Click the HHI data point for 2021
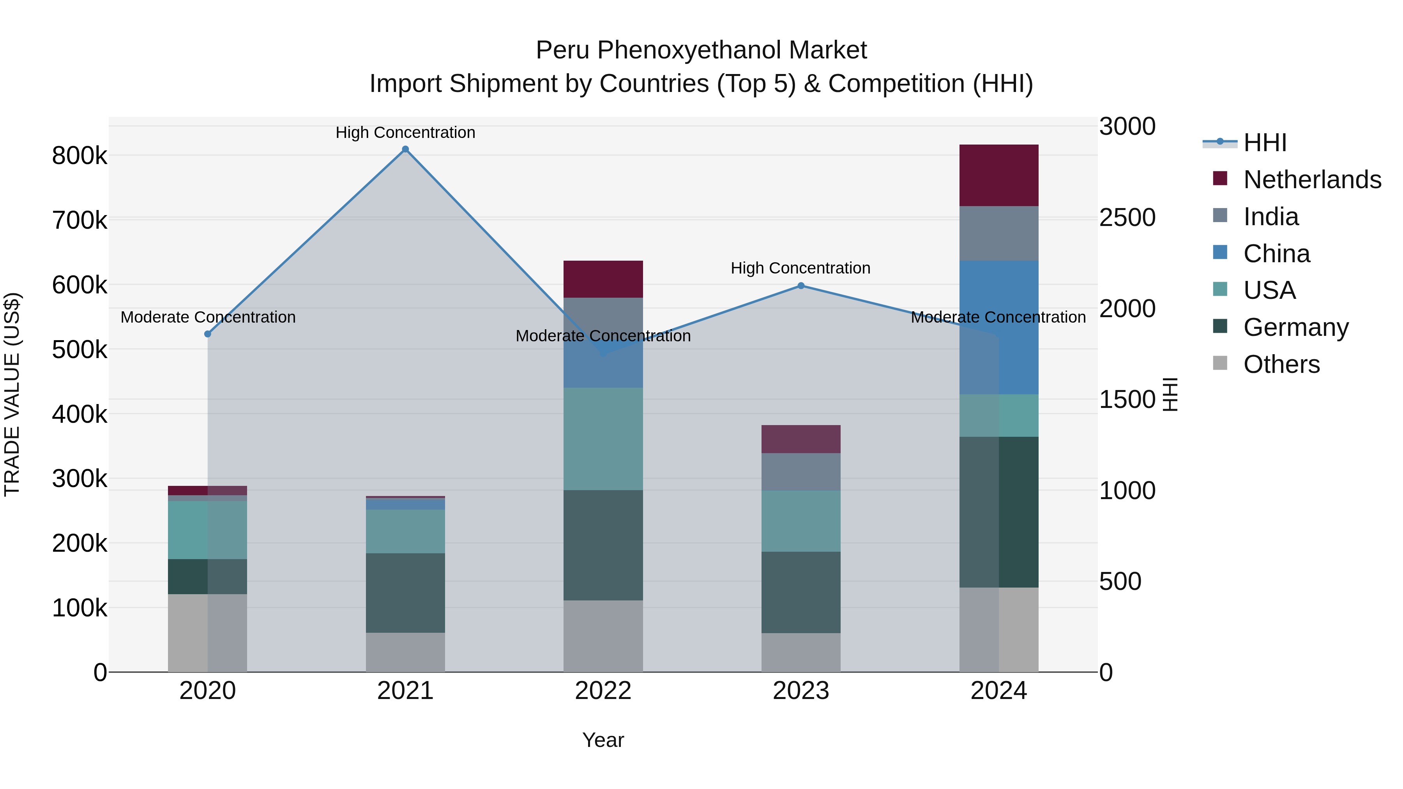click(405, 149)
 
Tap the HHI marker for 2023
click(800, 286)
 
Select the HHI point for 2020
click(207, 334)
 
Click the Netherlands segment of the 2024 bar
click(998, 175)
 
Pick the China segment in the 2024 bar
click(998, 327)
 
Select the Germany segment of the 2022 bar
click(603, 545)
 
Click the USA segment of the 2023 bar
click(800, 521)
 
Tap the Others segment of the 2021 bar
click(405, 652)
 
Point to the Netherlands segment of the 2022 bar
click(603, 279)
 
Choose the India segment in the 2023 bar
click(800, 471)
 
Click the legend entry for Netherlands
click(1311, 180)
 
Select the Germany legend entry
click(1295, 327)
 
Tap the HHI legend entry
click(1265, 143)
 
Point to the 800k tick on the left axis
click(80, 156)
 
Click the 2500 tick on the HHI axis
click(1127, 218)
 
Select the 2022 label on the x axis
click(603, 691)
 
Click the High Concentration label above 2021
click(405, 132)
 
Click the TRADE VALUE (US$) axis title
click(12, 394)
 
